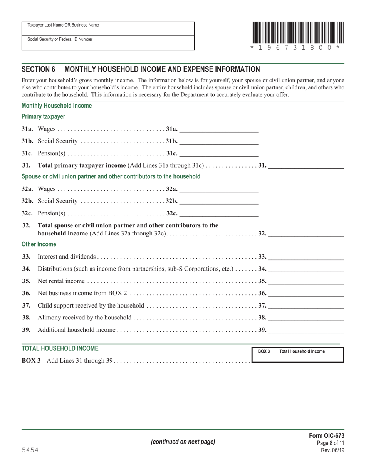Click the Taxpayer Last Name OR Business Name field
pyautogui.click(x=108, y=29)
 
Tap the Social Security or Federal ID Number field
pyautogui.click(x=108, y=43)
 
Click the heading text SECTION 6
pyautogui.click(x=39, y=69)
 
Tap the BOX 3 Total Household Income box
pyautogui.click(x=297, y=355)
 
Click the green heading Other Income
pyautogui.click(x=39, y=244)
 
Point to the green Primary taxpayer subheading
pyautogui.click(x=44, y=116)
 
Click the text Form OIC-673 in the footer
pyautogui.click(x=327, y=436)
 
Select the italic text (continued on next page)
pyautogui.click(x=183, y=442)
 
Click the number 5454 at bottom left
pyautogui.click(x=30, y=450)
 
